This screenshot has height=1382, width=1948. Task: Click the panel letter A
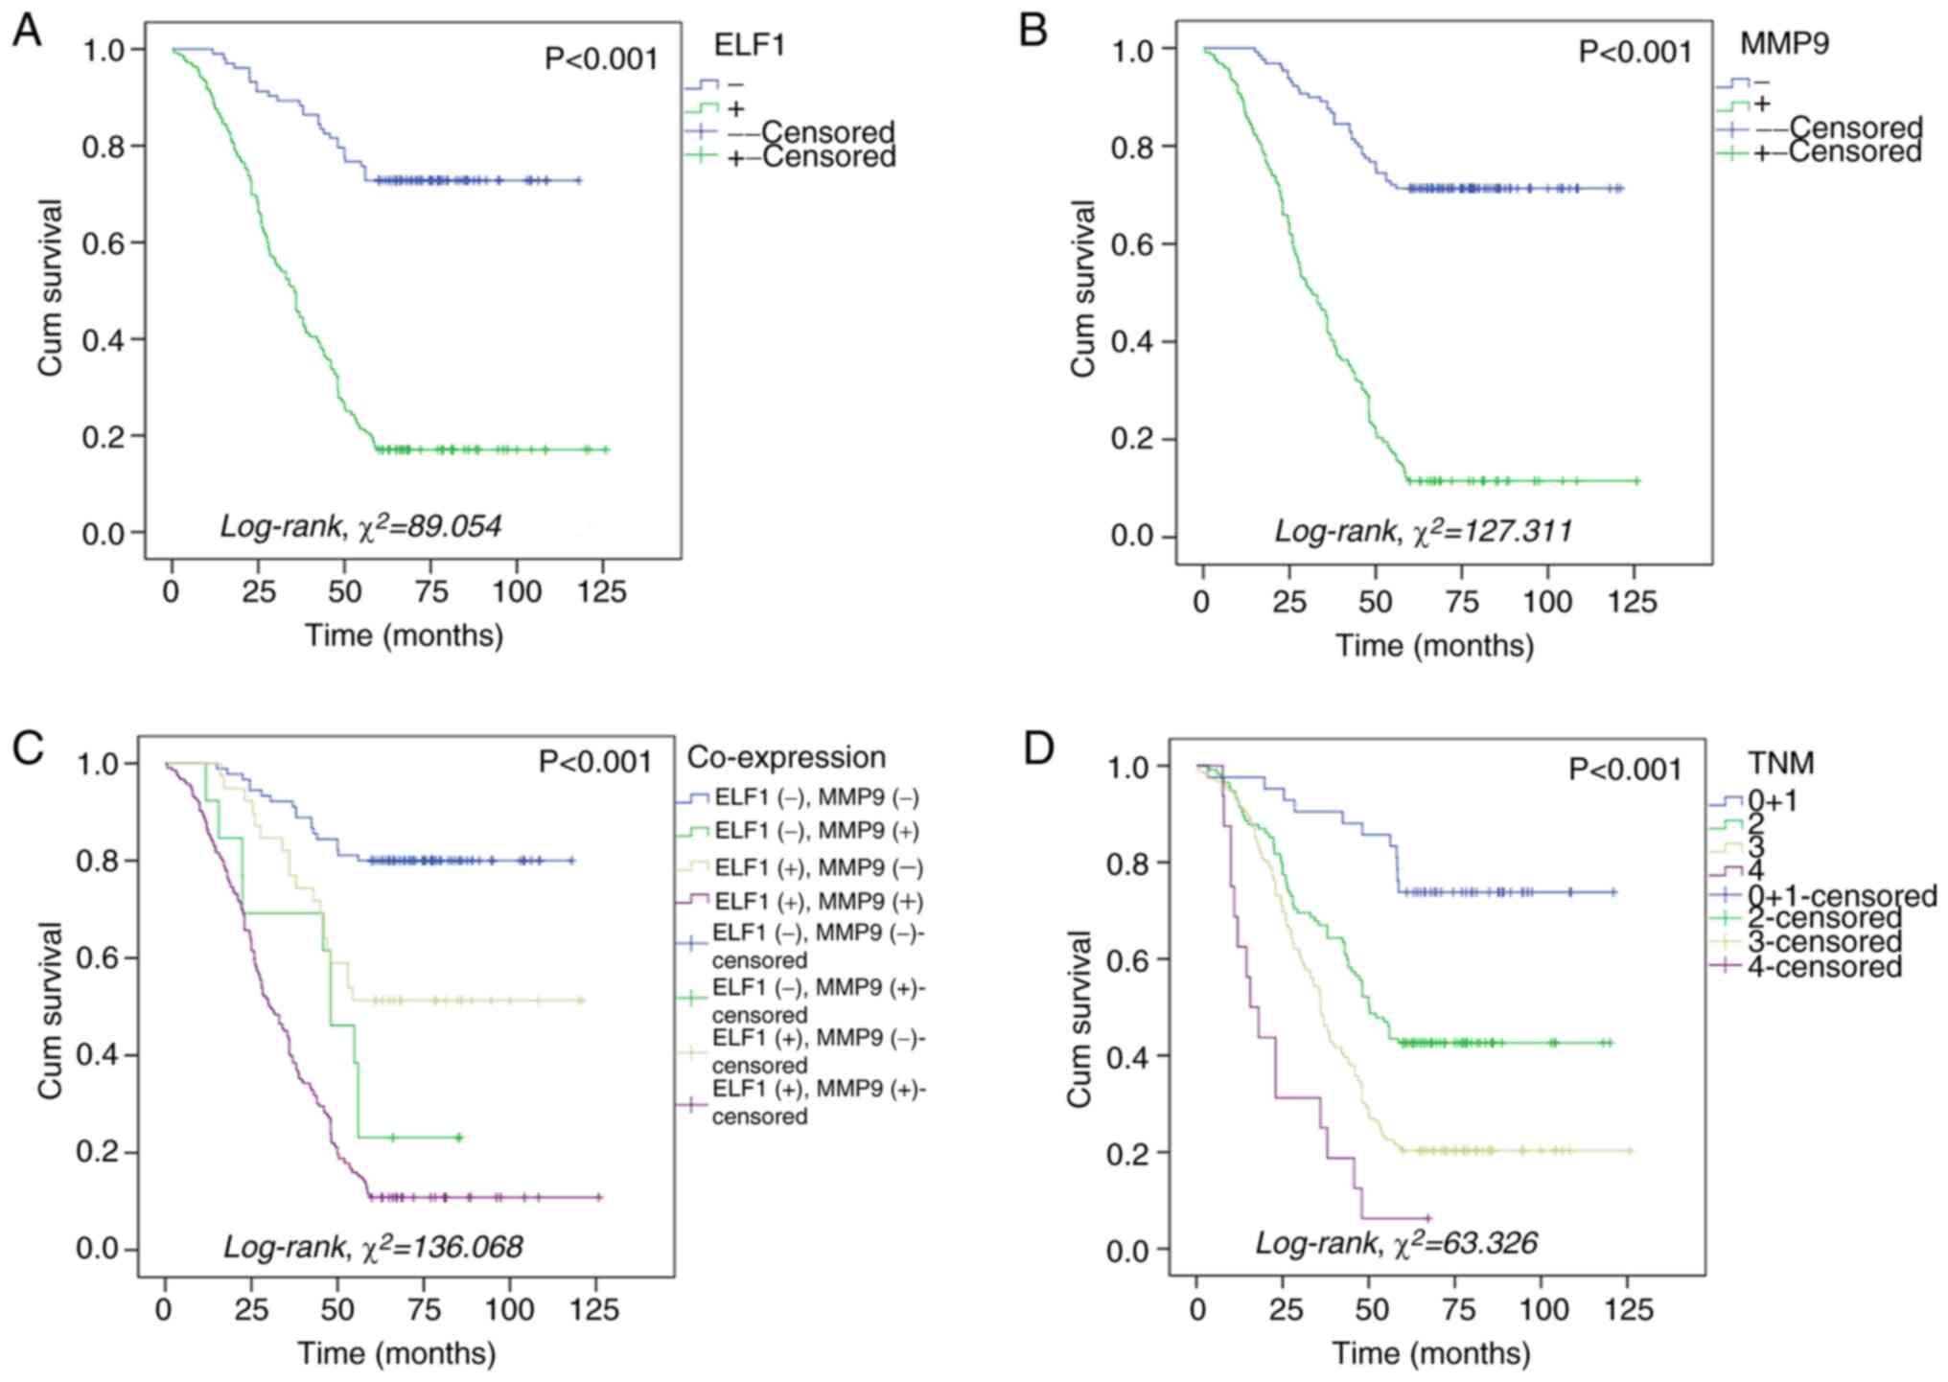click(x=26, y=31)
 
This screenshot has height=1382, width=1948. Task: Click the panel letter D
click(x=1038, y=749)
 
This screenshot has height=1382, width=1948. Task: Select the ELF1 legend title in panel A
click(x=750, y=45)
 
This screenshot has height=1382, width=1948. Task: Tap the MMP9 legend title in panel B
click(x=1785, y=43)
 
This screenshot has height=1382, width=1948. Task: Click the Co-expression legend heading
click(x=786, y=757)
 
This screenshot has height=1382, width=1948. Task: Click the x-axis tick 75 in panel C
click(x=423, y=1309)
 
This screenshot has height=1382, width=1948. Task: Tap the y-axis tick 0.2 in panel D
click(x=1129, y=1152)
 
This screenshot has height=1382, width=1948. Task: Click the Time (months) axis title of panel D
click(x=1431, y=1353)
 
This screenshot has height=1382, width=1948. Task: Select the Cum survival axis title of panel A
click(x=50, y=288)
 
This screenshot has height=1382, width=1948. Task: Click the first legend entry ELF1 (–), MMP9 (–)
click(x=817, y=798)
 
